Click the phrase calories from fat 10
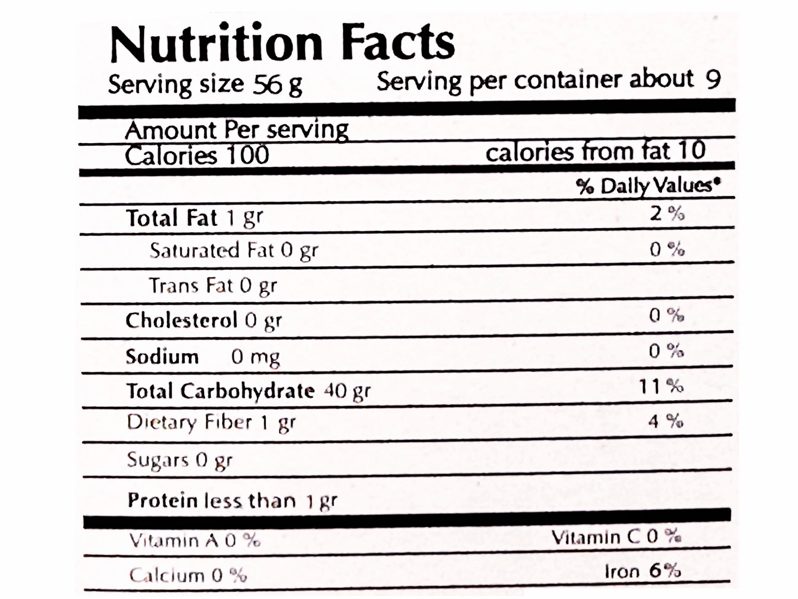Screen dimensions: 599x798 coord(595,151)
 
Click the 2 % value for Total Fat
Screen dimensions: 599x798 coord(667,213)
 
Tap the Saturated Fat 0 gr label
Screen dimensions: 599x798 coord(234,250)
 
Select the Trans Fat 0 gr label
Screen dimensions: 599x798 coord(213,286)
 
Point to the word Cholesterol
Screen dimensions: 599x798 coord(181,320)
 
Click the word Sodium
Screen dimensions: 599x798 coord(162,357)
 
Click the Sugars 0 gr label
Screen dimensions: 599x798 coord(180,460)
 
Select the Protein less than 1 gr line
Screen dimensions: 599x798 coord(232,501)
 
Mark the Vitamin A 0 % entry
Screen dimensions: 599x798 coord(195,540)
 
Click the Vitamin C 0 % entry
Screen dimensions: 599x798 coord(616,537)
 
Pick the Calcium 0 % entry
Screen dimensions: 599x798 coord(188,575)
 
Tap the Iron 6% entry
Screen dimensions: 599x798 coord(643,571)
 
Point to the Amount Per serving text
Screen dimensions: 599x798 coord(237,130)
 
